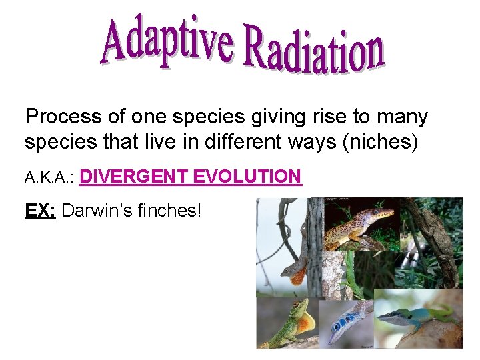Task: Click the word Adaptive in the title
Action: point(167,41)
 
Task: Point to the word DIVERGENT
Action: point(135,177)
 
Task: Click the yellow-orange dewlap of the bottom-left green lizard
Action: point(304,325)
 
